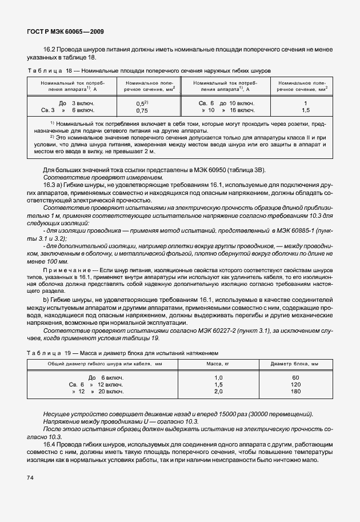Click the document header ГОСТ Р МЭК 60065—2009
coord(65,31)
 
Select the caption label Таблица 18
coord(52,71)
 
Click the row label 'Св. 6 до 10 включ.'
coord(226,102)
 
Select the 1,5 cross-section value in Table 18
coord(306,110)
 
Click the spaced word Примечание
coord(65,268)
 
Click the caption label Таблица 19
coord(52,353)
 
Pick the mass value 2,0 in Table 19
coord(218,392)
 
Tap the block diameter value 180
coord(295,392)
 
